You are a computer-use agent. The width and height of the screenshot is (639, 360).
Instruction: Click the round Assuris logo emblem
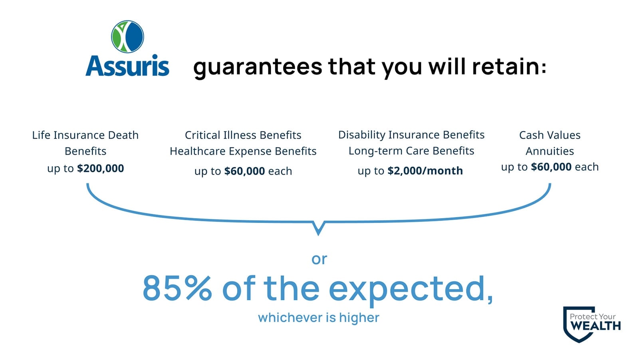127,36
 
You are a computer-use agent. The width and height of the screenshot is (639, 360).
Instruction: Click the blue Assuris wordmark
127,66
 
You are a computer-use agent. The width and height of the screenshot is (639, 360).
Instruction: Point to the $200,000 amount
100,169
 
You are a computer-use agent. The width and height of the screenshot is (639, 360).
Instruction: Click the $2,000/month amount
425,171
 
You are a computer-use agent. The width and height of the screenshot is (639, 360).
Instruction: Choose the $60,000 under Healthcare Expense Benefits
244,171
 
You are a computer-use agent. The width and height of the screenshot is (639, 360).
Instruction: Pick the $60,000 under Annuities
551,167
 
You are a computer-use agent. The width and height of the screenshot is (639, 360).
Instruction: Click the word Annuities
550,151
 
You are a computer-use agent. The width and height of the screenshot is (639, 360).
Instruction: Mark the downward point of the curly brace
318,235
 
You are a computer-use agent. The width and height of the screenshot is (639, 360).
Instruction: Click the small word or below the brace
319,259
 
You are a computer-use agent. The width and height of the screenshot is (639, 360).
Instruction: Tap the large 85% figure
177,288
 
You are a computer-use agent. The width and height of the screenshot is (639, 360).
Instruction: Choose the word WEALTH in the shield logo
595,326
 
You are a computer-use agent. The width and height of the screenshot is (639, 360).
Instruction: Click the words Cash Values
550,135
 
